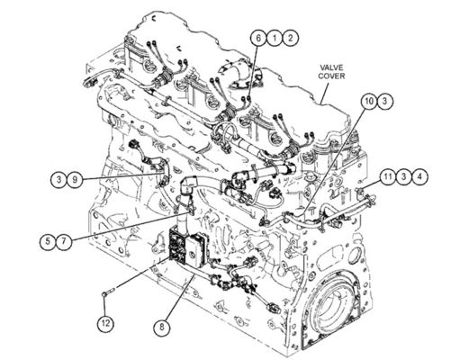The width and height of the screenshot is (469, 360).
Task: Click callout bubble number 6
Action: (x=259, y=38)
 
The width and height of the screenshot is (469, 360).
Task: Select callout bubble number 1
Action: (x=275, y=38)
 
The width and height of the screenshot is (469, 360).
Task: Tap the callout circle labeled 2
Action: (x=291, y=38)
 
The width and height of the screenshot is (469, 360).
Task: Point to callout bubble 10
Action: (x=369, y=102)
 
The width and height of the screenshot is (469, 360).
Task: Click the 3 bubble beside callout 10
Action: (x=385, y=102)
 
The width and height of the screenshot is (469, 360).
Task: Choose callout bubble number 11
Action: (x=388, y=176)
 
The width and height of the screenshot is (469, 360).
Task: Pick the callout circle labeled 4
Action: (x=419, y=176)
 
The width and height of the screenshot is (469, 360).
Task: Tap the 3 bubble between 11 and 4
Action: (x=404, y=176)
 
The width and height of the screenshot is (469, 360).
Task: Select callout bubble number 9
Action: (x=75, y=180)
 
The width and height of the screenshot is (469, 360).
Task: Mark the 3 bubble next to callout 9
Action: (x=59, y=180)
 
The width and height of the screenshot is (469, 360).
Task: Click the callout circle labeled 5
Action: (x=48, y=241)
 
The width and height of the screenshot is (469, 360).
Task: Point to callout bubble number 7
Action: (x=64, y=241)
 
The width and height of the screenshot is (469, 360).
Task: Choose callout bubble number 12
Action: (x=105, y=323)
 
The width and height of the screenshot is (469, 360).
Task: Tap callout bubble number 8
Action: (x=162, y=327)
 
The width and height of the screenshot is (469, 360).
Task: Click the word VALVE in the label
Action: (x=331, y=67)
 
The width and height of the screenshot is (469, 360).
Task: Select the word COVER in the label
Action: (x=331, y=76)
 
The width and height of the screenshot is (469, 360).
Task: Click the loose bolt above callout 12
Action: (x=108, y=292)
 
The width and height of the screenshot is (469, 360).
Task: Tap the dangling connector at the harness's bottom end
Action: (x=275, y=308)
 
